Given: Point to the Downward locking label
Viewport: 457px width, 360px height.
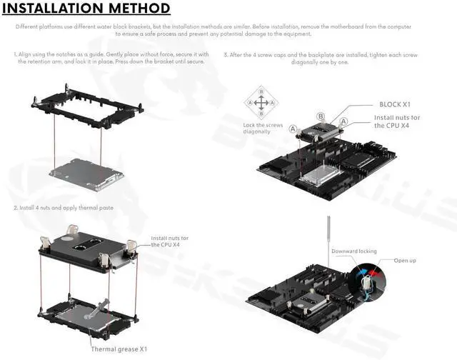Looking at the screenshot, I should [353, 251].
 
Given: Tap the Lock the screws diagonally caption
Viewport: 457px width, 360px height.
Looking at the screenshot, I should [263, 129].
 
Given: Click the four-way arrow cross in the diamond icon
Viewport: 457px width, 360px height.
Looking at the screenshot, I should [261, 103].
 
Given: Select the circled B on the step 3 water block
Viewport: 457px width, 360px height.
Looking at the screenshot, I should [321, 116].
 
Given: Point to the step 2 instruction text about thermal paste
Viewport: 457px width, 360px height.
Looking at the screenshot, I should [64, 207].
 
